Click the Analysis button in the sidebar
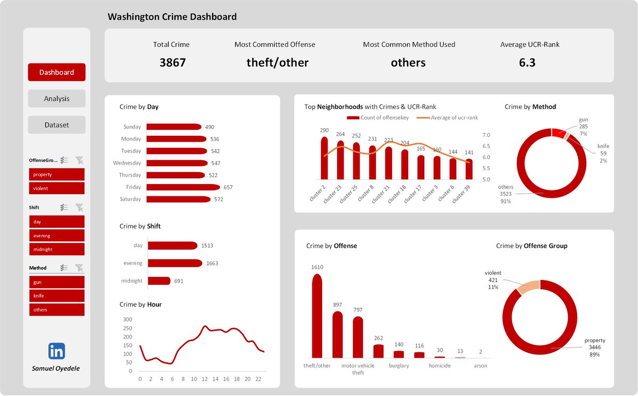point(56,98)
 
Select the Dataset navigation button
point(56,125)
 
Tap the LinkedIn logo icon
point(56,351)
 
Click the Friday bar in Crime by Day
point(182,187)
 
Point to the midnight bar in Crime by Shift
point(159,280)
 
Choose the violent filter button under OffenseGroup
point(56,188)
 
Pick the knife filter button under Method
point(56,296)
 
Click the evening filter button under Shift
point(56,236)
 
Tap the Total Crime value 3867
point(172,63)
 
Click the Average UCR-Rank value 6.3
point(527,63)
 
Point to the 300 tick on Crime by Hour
point(127,319)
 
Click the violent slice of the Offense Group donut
point(528,286)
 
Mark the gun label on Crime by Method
point(583,120)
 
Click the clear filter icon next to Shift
point(79,208)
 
